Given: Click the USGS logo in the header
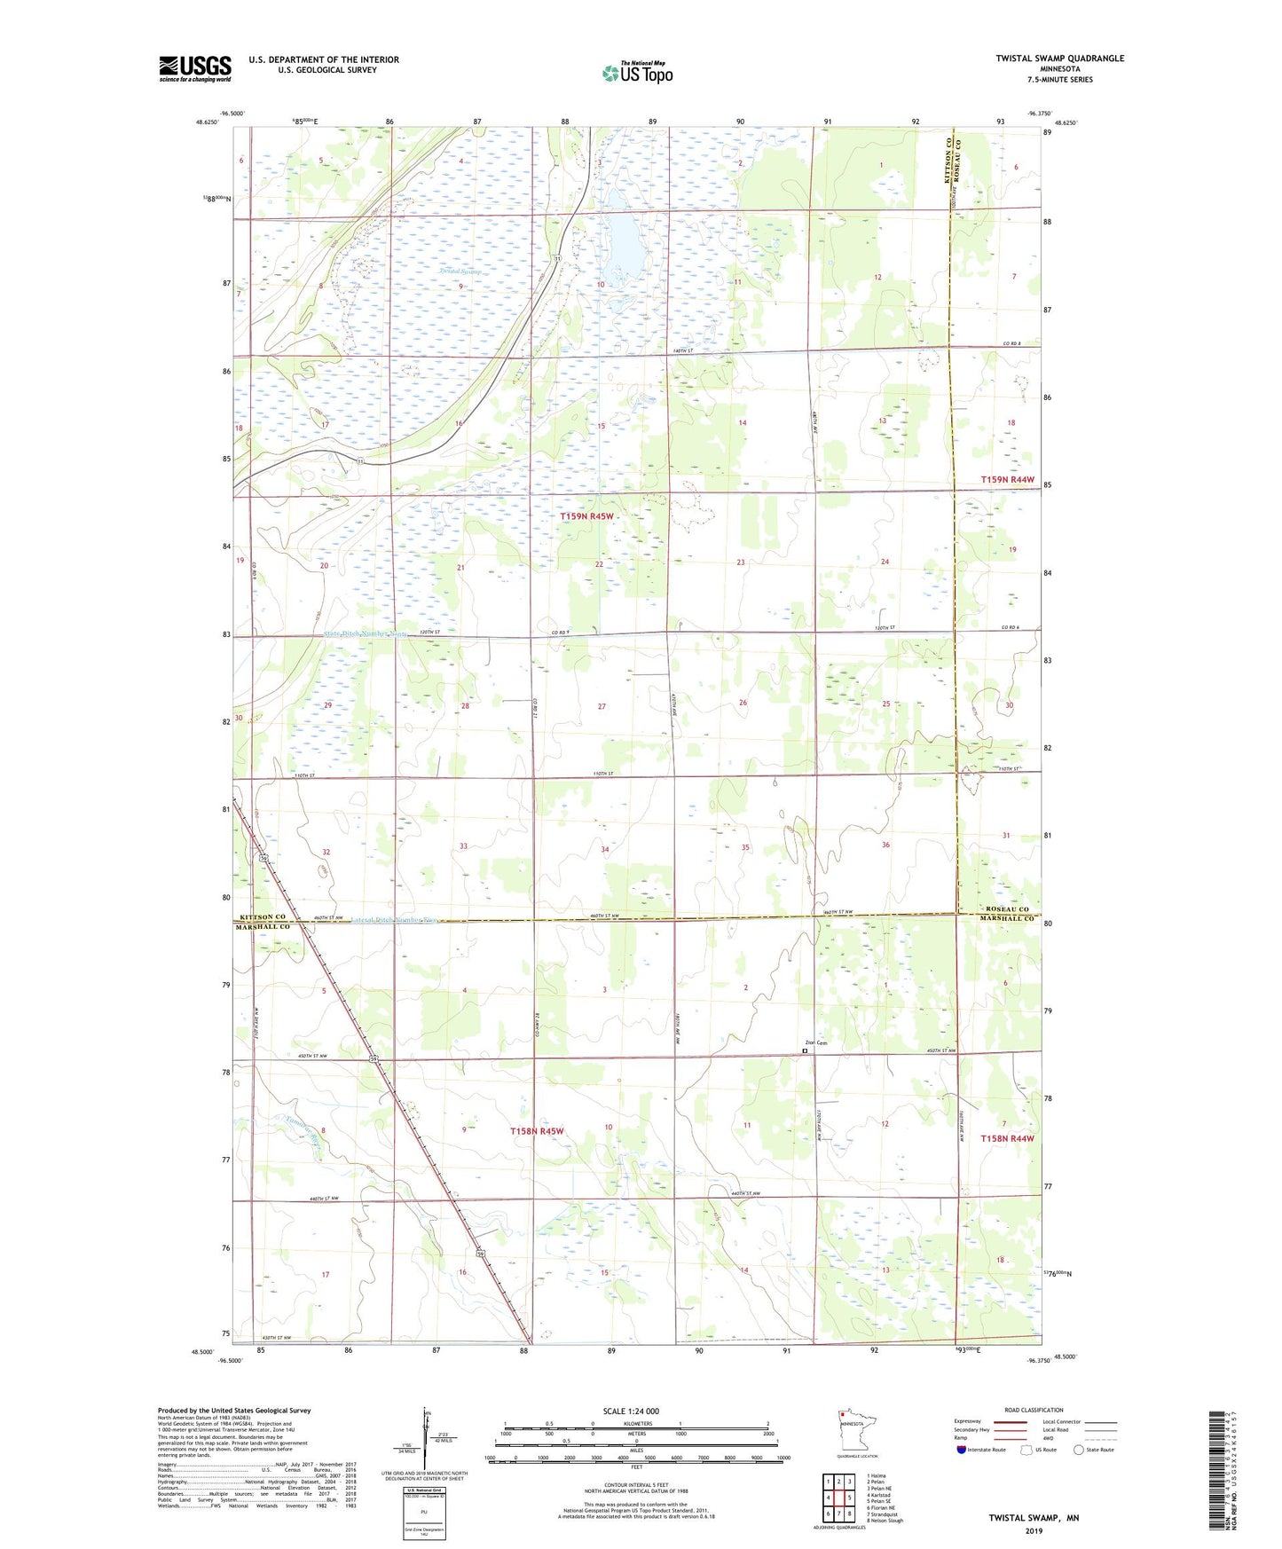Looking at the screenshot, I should coord(195,68).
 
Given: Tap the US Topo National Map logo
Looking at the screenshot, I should coord(636,73).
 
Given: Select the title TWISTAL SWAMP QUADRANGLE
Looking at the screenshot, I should coord(1059,59).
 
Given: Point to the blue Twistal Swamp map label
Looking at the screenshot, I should coord(460,271).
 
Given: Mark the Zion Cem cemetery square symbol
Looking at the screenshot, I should coord(805,1050).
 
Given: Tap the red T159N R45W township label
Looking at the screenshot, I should coord(586,516).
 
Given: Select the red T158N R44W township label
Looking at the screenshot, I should coord(1007,1138).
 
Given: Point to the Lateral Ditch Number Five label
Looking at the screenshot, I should coord(382,920).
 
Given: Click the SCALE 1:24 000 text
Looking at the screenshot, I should coord(631,1411).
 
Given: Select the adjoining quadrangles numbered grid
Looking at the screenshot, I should coord(838,1498).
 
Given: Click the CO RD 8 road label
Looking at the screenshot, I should coord(1012,343).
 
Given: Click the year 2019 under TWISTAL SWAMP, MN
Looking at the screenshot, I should coord(1034,1530).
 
